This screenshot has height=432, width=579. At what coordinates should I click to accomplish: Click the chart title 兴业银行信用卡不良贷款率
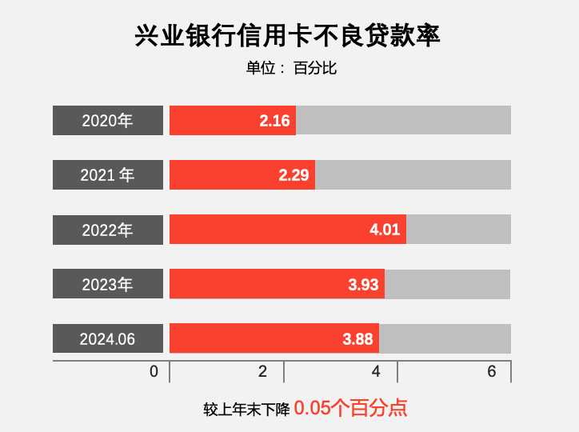tap(289, 37)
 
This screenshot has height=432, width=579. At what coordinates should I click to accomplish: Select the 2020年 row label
tap(108, 121)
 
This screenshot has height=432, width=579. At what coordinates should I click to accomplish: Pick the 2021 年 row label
tap(108, 175)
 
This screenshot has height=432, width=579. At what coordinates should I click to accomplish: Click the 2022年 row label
tap(108, 230)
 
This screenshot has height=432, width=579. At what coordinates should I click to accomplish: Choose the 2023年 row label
tap(108, 284)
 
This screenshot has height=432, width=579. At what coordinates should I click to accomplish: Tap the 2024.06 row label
tap(108, 338)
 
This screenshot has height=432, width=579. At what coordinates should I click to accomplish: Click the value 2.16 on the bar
tap(274, 121)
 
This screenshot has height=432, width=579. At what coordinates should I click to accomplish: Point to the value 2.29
tap(293, 175)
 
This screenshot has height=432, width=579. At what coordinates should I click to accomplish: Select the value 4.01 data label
tap(385, 230)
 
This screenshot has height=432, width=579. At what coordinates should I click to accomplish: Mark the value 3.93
tap(363, 284)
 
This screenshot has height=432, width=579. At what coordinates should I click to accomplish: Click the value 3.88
tap(357, 338)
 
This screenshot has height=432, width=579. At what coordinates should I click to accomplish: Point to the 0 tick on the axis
tap(154, 372)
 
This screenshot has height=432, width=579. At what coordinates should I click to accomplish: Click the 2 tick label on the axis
tap(262, 372)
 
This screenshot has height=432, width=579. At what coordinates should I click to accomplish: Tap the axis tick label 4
tap(376, 372)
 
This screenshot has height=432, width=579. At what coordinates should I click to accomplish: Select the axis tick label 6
tap(491, 372)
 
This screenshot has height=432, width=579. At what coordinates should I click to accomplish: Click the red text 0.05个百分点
tap(350, 408)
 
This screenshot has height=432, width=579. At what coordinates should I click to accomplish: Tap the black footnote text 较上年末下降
tap(246, 410)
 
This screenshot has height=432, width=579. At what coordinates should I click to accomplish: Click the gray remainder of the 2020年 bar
tap(403, 121)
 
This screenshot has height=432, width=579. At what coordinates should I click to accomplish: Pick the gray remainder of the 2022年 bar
tap(458, 230)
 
